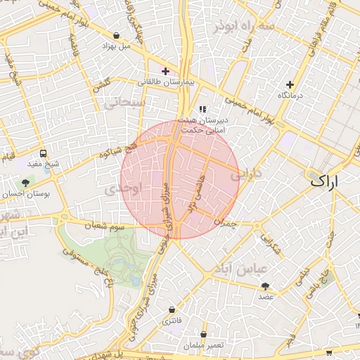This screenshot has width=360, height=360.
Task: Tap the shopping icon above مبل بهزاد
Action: click(x=116, y=35)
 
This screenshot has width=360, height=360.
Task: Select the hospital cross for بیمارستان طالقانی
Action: click(x=165, y=71)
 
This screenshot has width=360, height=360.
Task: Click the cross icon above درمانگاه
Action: click(x=290, y=84)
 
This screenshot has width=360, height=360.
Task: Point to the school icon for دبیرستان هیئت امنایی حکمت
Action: click(x=203, y=109)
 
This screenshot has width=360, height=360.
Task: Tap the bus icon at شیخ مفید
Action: click(x=44, y=153)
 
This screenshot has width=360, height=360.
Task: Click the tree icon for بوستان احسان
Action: click(x=26, y=183)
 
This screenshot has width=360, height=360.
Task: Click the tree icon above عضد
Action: click(x=265, y=286)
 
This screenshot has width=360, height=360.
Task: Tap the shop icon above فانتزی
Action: click(x=172, y=310)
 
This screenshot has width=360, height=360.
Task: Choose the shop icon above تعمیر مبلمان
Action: click(x=204, y=334)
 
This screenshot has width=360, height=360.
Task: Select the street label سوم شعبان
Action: click(x=105, y=226)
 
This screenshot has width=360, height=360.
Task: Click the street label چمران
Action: click(x=221, y=222)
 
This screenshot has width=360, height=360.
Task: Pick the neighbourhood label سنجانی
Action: click(x=124, y=103)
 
